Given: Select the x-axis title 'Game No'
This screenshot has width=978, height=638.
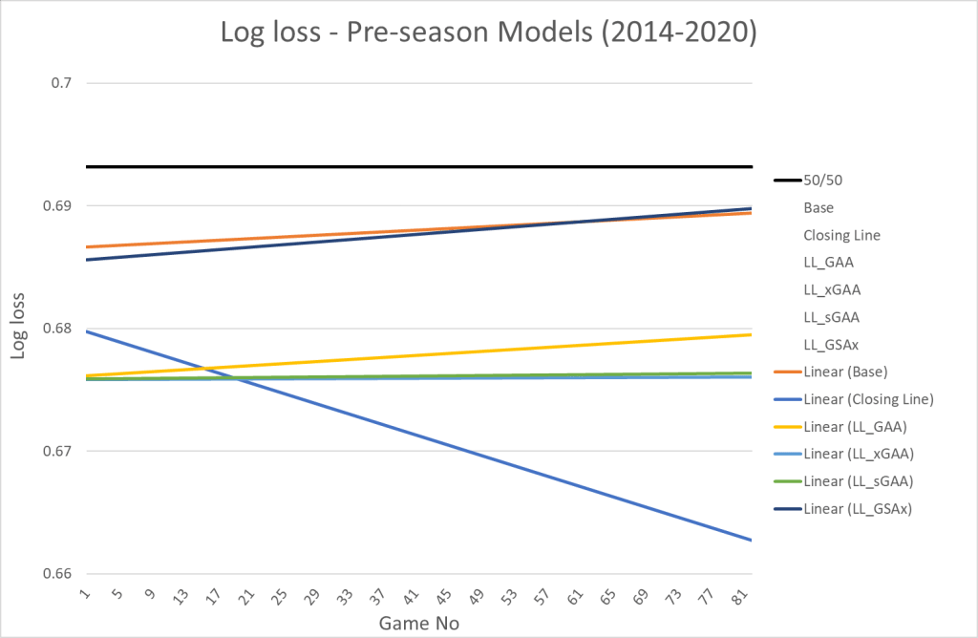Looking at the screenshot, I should (419, 623).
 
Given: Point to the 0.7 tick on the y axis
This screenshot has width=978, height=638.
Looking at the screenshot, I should (62, 83).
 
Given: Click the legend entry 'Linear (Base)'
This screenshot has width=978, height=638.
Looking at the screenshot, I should (849, 372).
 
